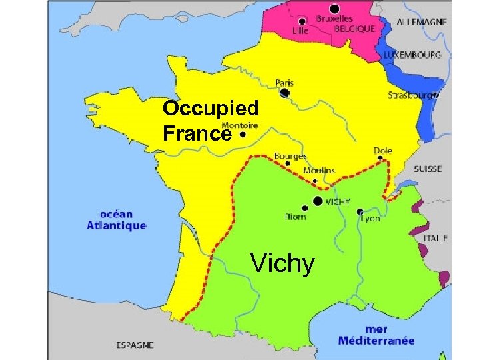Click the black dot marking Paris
point(285,93)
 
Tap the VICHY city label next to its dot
point(338,201)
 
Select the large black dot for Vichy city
point(318,201)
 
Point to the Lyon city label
point(370,218)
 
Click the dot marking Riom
point(305,208)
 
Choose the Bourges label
point(290,156)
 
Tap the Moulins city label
point(319,171)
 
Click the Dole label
point(382,151)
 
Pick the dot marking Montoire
point(243,134)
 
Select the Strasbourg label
point(409,95)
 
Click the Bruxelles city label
point(334,19)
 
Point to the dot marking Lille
point(302,21)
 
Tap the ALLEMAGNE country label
point(422,22)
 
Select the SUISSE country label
point(427,169)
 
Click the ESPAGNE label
point(135,345)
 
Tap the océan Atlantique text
point(116,220)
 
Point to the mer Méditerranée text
point(376,335)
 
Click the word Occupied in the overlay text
point(210,109)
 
